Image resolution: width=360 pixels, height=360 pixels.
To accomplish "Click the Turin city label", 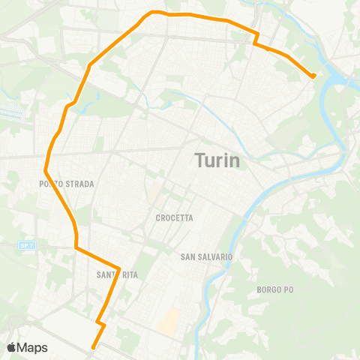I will pyautogui.click(x=217, y=160).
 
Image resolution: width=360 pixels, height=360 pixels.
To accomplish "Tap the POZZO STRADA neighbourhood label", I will pyautogui.click(x=67, y=183).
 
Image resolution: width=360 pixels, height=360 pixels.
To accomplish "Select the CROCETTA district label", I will pyautogui.click(x=175, y=217).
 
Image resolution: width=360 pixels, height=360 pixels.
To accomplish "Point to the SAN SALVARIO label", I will pyautogui.click(x=207, y=256).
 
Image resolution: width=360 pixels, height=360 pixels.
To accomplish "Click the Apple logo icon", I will pyautogui.click(x=12, y=347).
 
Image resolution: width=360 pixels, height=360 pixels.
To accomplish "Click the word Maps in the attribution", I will pyautogui.click(x=33, y=347).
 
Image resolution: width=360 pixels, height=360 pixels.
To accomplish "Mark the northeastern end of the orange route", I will pyautogui.click(x=313, y=76).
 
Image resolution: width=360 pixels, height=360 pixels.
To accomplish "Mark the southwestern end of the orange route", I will pyautogui.click(x=93, y=347).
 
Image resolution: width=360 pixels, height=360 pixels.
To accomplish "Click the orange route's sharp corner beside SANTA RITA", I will pyautogui.click(x=119, y=268).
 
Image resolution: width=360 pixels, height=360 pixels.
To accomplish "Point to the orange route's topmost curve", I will pyautogui.click(x=154, y=12).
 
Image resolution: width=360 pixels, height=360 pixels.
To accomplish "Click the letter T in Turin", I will pyautogui.click(x=199, y=160).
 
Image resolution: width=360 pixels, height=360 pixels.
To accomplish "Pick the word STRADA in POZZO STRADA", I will pyautogui.click(x=79, y=183).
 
